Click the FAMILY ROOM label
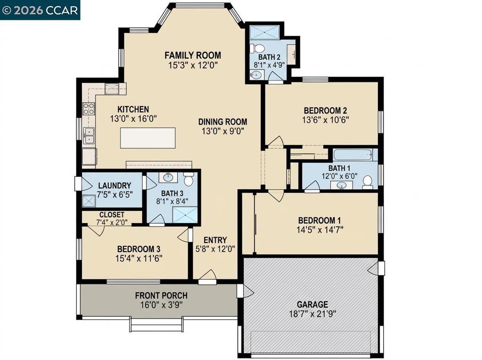193,56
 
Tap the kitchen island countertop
148,138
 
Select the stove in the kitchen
89,109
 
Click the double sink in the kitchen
89,136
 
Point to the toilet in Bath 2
257,48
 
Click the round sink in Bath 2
256,75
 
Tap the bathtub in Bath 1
353,155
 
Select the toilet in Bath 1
367,182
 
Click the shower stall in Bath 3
184,215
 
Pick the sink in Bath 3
168,177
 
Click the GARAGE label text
313,304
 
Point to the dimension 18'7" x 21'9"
313,314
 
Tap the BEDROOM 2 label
326,111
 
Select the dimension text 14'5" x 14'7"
320,230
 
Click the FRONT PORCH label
161,296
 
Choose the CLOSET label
112,215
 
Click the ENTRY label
215,240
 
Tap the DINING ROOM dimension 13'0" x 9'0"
223,131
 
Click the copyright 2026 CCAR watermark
40,10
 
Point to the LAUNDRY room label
115,185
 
